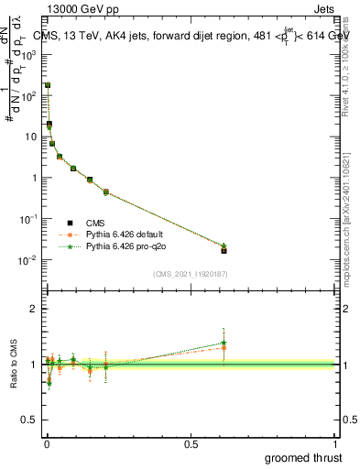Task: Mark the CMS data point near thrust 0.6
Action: click(224, 250)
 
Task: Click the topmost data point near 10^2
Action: click(47, 84)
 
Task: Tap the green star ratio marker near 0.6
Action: click(224, 343)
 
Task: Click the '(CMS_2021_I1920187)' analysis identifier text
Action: click(191, 272)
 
